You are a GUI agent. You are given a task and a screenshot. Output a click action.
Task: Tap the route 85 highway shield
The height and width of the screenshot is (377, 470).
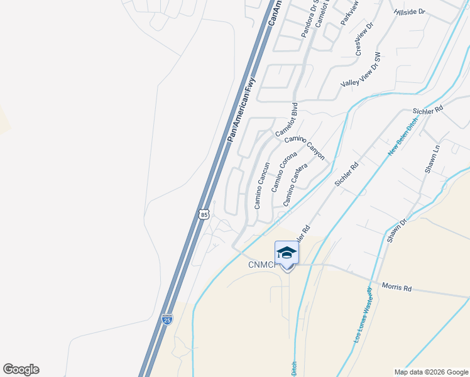(x=203, y=214)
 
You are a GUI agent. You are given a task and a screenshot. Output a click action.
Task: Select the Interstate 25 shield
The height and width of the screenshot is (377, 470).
(x=167, y=319)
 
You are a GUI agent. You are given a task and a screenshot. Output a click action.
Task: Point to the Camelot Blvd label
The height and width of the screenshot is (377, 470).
(x=286, y=123)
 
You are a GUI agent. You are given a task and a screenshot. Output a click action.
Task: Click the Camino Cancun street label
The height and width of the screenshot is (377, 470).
(x=262, y=185)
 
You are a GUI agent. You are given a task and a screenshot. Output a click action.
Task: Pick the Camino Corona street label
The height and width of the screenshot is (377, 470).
(x=284, y=172)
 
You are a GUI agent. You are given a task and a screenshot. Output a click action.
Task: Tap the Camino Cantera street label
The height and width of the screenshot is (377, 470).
(x=295, y=185)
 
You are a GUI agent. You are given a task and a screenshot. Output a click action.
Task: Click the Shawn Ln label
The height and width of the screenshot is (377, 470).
(x=432, y=161)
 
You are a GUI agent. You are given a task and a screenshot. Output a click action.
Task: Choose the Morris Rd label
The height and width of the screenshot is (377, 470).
(x=399, y=288)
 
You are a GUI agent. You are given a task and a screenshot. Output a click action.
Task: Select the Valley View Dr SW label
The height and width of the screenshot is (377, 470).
(x=361, y=70)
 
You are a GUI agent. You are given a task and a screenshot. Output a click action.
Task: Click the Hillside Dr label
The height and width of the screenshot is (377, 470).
(x=410, y=12)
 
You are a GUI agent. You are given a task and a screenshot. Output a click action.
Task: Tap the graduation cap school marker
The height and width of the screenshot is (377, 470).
(x=287, y=253)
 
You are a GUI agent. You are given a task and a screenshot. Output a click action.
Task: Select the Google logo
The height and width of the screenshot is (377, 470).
(x=21, y=369)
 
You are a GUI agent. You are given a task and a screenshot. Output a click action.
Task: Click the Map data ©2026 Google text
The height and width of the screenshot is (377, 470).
(x=430, y=371)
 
